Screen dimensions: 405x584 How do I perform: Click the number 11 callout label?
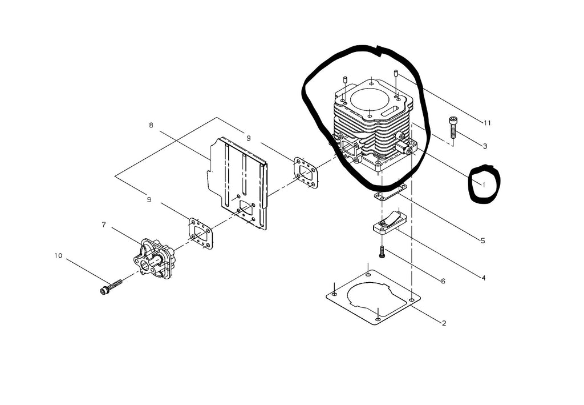pos(486,123)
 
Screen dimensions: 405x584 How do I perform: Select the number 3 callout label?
pos(484,146)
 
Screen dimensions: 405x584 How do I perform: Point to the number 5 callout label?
pos(482,241)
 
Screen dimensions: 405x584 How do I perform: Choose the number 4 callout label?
pos(483,278)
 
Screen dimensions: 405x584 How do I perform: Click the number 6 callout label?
pos(443,281)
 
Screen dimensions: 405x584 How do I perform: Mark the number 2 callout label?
pos(444,323)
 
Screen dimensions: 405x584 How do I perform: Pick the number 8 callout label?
pos(151,126)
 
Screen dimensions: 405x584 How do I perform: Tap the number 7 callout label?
pos(104,224)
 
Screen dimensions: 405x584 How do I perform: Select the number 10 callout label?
pos(58,255)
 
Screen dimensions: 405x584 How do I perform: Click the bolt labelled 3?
pos(453,128)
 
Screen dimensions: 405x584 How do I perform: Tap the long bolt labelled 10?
pos(112,287)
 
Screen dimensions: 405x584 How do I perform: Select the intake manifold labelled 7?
pos(152,259)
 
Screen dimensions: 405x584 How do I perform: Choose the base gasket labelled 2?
pos(373,297)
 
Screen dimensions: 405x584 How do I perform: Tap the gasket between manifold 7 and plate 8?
pos(200,234)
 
